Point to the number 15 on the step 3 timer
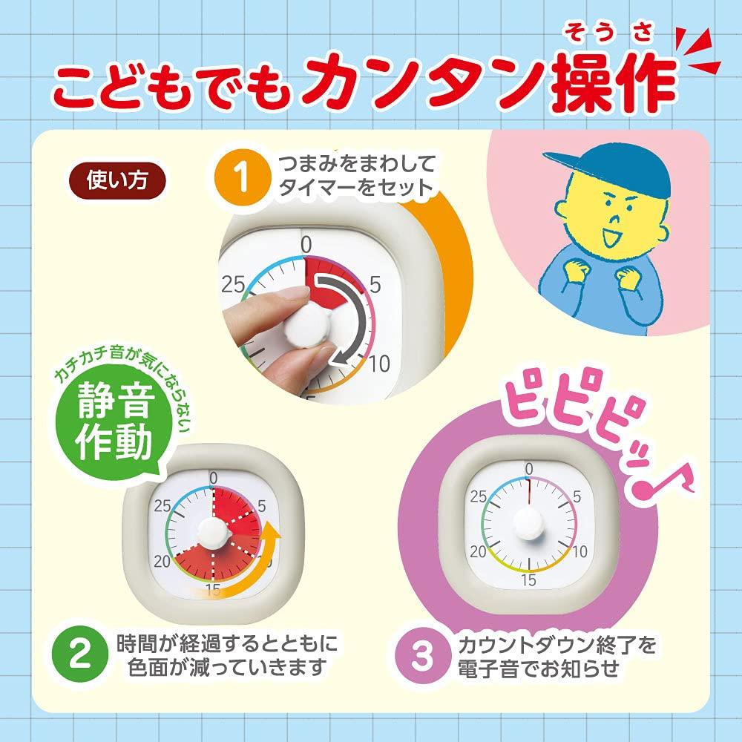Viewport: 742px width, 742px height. tap(529, 580)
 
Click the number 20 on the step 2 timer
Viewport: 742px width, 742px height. tap(162, 562)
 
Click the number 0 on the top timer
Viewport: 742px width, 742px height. tap(306, 244)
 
